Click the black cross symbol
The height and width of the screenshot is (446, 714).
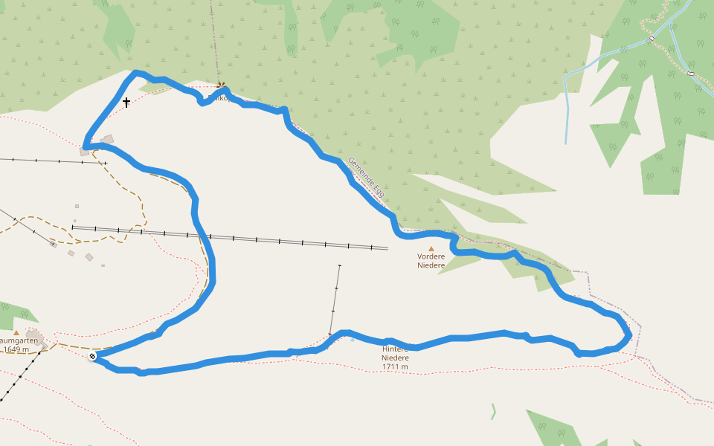pos(126,102)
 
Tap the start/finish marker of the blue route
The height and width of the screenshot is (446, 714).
pos(92,358)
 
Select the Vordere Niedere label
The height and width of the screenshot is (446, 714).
pos(431,261)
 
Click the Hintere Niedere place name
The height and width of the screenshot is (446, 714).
pos(395,353)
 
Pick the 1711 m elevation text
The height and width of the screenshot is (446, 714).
pos(395,366)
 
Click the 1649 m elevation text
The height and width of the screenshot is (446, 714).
pos(20,349)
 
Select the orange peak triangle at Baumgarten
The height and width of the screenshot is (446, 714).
pos(16,333)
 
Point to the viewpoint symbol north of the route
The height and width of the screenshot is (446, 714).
pos(221,85)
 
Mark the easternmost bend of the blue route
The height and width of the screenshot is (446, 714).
pos(630,334)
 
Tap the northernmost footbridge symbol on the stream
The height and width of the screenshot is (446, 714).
pos(652,38)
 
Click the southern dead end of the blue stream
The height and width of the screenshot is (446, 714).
pos(566,143)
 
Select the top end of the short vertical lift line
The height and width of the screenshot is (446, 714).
pos(339,265)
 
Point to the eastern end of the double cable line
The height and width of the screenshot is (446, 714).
pos(387,248)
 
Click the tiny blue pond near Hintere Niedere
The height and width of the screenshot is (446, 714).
pos(353,340)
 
